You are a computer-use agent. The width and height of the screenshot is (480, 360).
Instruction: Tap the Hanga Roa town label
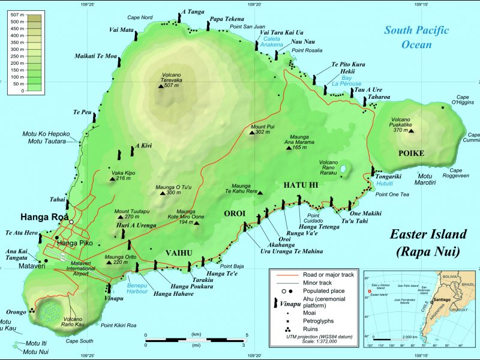[44, 217]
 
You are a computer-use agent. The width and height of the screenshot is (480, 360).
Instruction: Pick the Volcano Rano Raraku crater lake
[343, 170]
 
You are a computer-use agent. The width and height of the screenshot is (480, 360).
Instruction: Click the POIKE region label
[411, 154]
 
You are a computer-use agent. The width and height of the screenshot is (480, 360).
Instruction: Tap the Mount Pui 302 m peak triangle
[252, 132]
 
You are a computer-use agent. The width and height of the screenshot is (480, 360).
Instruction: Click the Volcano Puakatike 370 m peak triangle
[412, 130]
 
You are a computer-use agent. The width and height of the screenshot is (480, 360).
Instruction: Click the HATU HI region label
[301, 186]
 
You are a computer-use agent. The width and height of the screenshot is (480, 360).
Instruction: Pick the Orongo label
[16, 312]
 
